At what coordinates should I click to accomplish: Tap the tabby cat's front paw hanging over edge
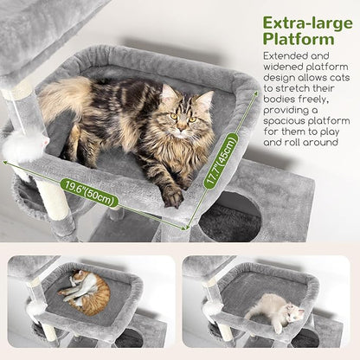point(172,197)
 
